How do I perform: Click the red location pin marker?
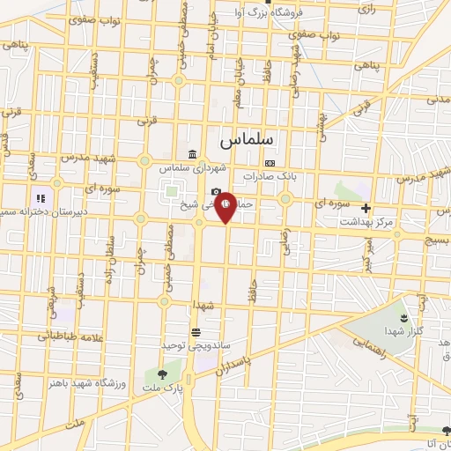pos(226,206)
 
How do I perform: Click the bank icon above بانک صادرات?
pos(270,163)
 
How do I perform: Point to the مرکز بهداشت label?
pos(366,222)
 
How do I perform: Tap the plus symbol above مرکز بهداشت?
pos(366,208)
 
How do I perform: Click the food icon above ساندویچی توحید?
pos(195,332)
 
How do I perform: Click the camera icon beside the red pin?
pos(216,192)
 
